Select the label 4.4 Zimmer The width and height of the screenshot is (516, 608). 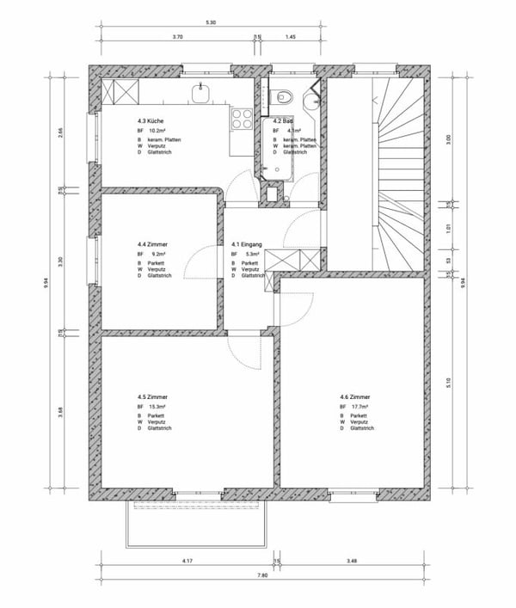[152, 244]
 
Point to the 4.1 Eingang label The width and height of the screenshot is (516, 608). [246, 244]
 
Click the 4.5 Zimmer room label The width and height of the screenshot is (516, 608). [152, 396]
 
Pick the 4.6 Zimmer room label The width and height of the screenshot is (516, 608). [355, 396]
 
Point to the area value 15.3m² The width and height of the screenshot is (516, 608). [157, 407]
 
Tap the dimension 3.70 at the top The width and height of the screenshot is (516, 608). [178, 38]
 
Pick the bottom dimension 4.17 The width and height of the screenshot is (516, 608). [187, 561]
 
